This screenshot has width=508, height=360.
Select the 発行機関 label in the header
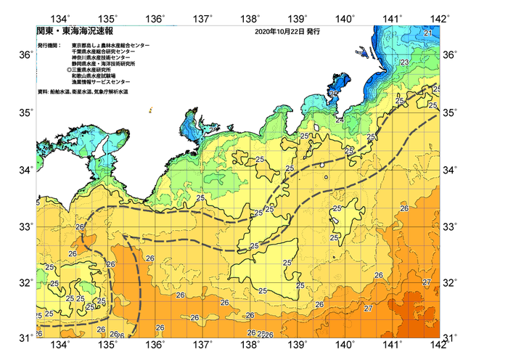click(x=49, y=45)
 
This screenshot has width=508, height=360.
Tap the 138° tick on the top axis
click(x=250, y=18)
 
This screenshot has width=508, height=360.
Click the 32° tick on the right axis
click(x=448, y=282)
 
